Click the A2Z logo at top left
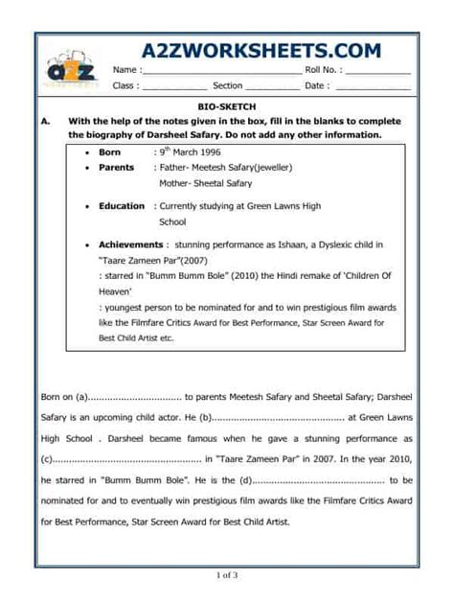[73, 68]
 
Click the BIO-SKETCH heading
[227, 106]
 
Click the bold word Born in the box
[110, 152]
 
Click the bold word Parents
[116, 168]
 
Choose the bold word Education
[122, 206]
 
